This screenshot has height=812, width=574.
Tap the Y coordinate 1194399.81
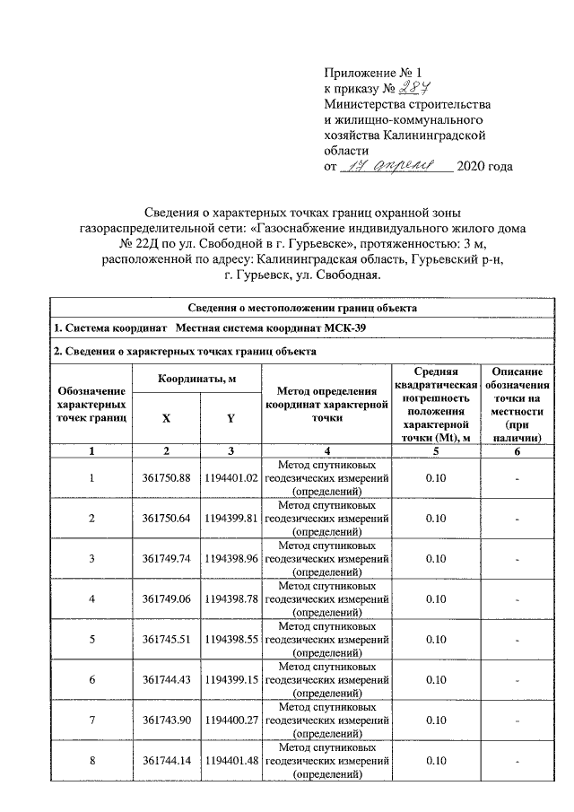point(230,518)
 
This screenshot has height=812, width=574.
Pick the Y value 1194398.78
point(230,598)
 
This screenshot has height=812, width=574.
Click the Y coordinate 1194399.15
point(230,679)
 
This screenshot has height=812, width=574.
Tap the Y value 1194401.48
point(230,761)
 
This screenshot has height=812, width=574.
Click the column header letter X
point(166,418)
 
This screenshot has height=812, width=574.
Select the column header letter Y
point(230,418)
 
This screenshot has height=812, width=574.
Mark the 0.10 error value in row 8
point(436,761)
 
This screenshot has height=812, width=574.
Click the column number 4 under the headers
point(326,450)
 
